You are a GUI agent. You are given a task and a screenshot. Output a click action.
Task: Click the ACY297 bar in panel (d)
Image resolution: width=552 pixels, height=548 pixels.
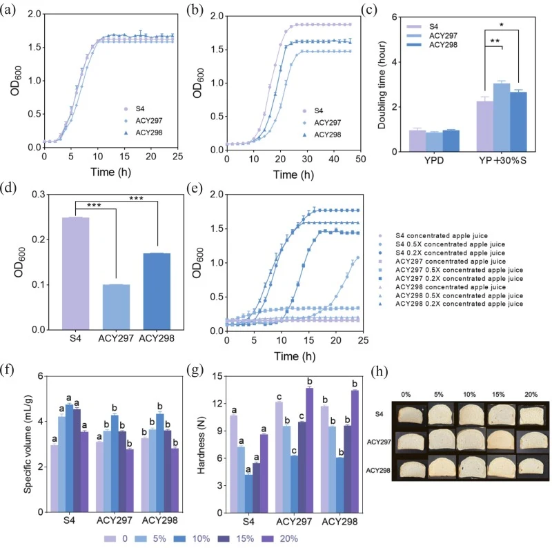pos(116,306)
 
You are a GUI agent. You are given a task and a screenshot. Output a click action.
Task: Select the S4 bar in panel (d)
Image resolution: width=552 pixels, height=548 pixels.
pos(75,273)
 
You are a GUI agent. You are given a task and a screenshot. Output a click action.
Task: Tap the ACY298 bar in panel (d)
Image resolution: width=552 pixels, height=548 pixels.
pos(157,291)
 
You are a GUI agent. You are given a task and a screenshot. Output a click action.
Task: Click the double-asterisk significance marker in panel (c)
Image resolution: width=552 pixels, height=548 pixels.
pos(495,41)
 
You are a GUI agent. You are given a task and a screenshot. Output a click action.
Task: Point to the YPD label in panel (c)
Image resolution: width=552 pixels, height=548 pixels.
pos(434,161)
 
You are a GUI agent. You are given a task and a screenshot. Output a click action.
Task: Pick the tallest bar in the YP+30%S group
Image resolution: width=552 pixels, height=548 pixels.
pos(502,117)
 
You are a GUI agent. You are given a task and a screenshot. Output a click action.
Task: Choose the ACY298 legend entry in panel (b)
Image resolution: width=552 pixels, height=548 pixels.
pos(322,135)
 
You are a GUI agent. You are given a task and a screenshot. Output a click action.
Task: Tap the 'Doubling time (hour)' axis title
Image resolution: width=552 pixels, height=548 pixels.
pos(382,85)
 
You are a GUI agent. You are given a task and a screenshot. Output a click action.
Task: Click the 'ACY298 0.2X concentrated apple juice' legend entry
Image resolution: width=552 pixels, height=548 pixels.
pos(451,304)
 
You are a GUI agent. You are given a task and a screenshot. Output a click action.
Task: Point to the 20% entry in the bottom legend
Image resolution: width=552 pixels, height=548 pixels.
pos(280,538)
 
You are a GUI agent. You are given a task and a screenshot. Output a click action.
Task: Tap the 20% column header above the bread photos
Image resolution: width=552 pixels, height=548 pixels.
pos(531,395)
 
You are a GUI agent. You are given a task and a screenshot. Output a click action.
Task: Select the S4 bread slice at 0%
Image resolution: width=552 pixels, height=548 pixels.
pos(410,414)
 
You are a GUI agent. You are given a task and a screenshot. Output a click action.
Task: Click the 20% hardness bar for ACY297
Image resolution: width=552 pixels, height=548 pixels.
pos(309,450)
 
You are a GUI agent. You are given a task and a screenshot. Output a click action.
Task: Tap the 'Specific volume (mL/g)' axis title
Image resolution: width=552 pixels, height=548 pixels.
pos(28,444)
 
